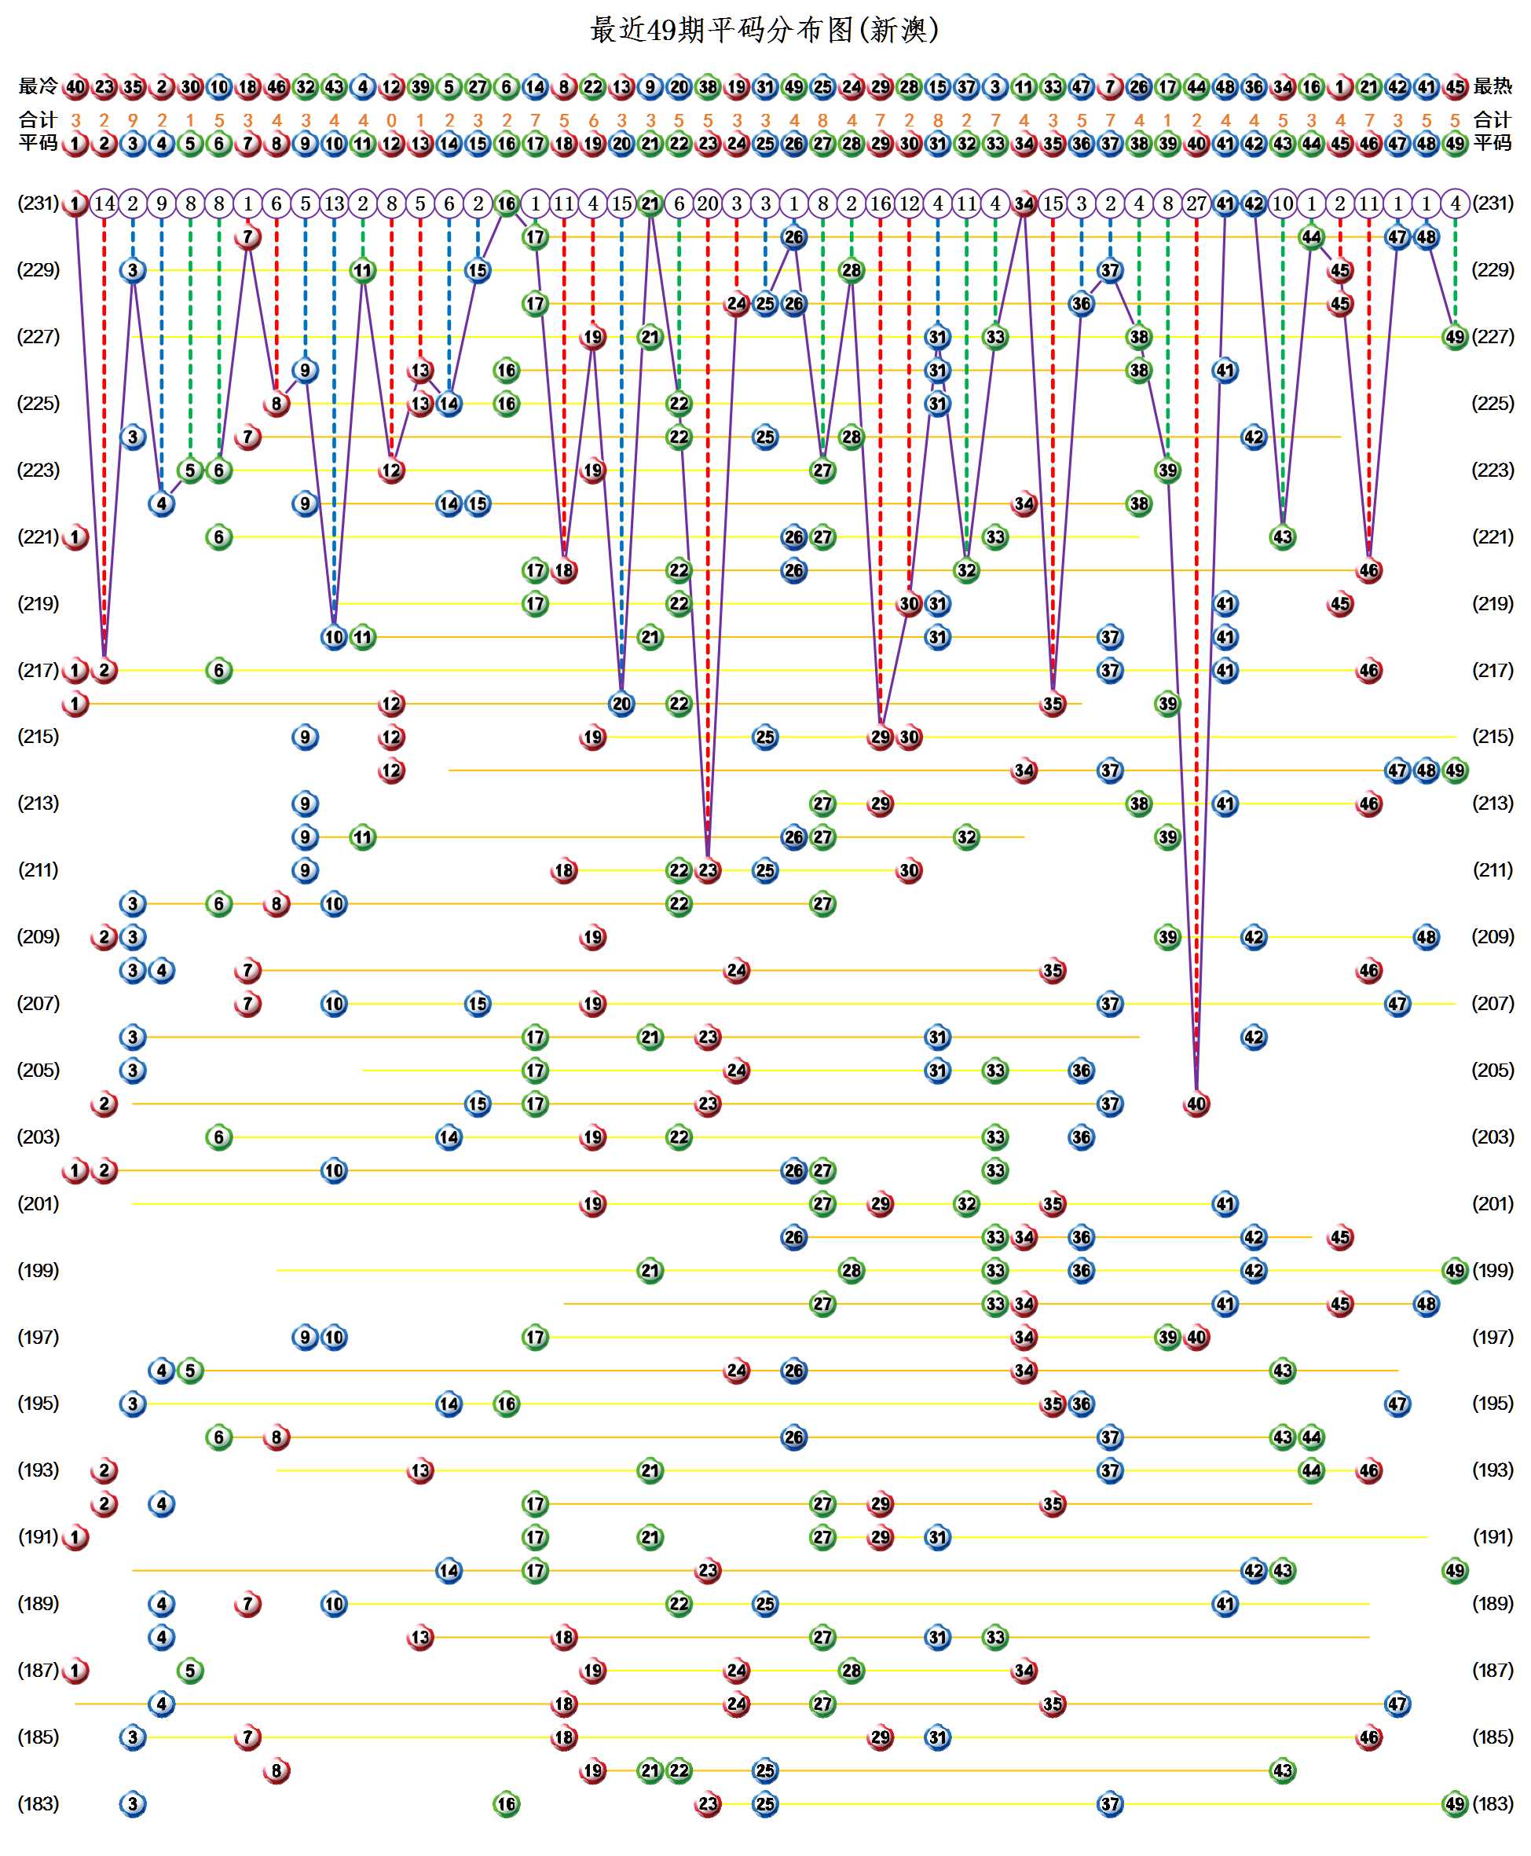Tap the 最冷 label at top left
(38, 86)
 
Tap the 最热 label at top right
(1493, 86)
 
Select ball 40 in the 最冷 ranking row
(76, 87)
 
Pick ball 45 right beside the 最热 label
(1455, 87)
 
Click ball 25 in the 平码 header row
(765, 143)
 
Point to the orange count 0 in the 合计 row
(391, 120)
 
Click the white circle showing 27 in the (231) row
(1196, 203)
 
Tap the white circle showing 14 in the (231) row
(104, 203)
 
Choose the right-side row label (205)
(1493, 1071)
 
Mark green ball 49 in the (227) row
(1455, 337)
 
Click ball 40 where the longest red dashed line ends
(1196, 1104)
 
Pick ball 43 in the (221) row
(1282, 537)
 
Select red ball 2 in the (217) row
(104, 670)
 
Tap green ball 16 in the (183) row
(506, 1804)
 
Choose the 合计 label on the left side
(38, 120)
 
